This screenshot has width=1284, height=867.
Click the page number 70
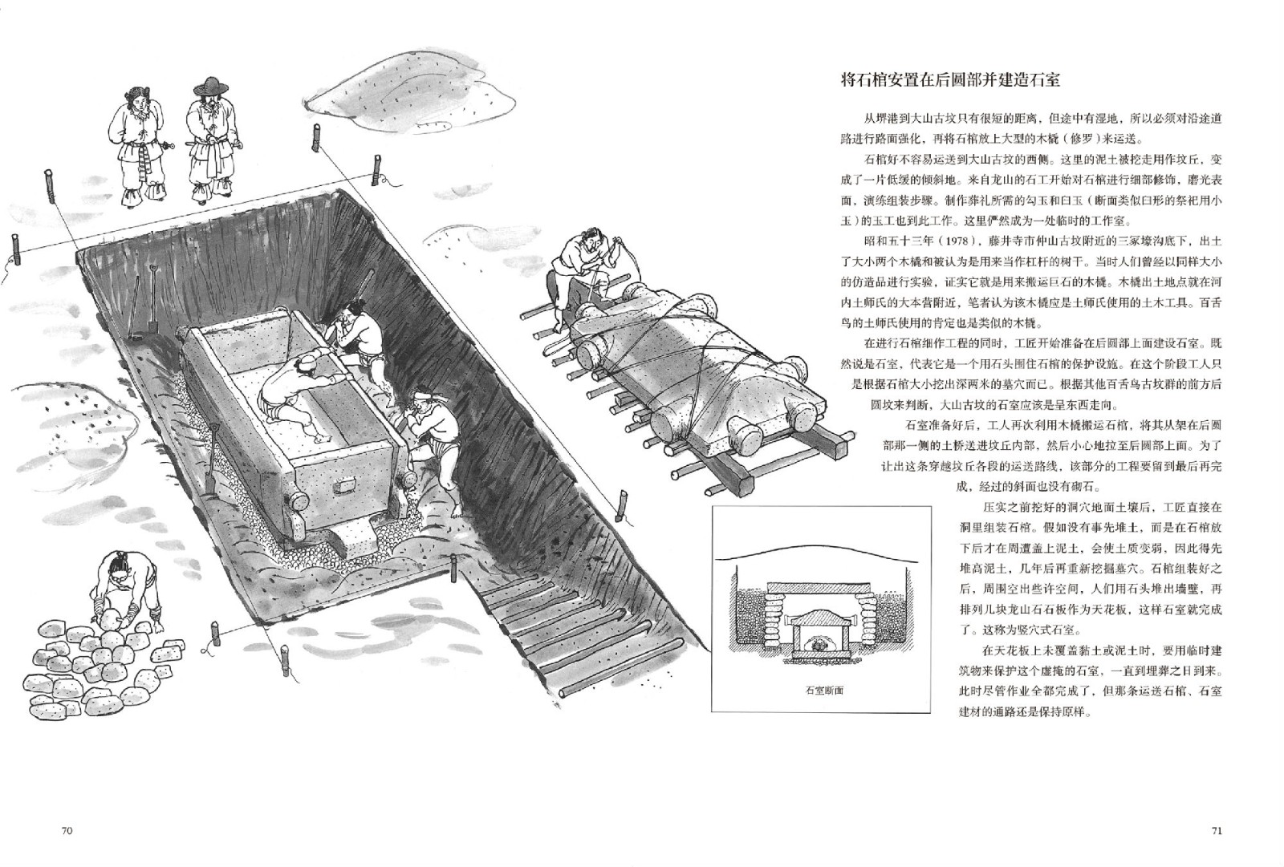point(67,831)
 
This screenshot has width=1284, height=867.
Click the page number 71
point(1217,831)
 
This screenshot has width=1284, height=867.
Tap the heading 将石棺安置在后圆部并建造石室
point(950,79)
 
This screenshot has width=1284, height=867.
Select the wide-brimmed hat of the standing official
point(209,87)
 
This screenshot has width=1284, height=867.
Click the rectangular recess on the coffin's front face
point(344,486)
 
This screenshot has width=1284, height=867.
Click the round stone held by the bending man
point(110,619)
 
